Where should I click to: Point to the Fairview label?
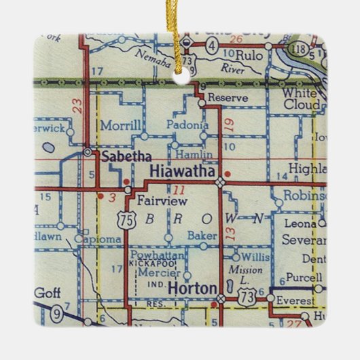pos(158,201)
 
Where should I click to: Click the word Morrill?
pos(120,126)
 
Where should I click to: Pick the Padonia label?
pos(187,125)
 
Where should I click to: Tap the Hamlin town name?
pos(199,155)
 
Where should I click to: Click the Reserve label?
pos(228,98)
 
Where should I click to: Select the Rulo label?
pos(248,56)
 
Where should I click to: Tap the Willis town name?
pos(255,257)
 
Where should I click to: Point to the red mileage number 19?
pos(228,124)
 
